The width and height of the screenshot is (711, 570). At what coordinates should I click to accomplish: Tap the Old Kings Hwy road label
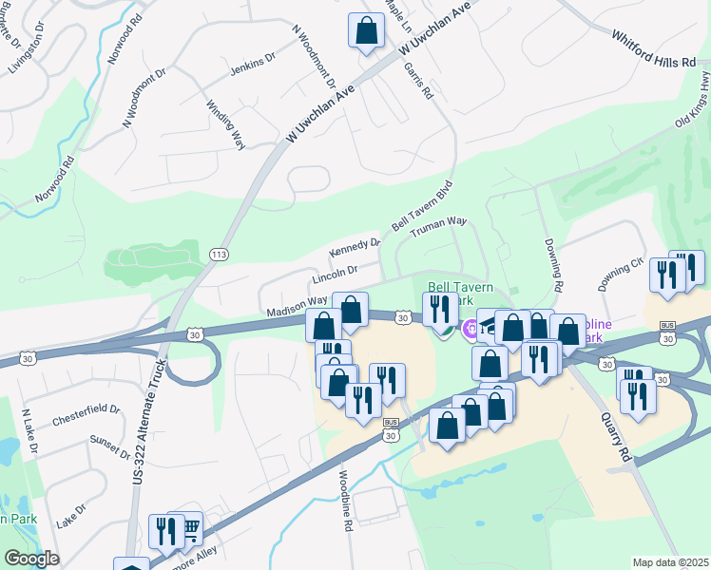[x=694, y=105]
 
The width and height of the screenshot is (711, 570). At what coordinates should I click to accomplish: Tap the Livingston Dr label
[x=27, y=53]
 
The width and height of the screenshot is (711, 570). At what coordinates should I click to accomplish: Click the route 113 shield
[x=219, y=253]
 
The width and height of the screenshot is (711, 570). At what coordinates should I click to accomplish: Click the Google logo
[x=31, y=559]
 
